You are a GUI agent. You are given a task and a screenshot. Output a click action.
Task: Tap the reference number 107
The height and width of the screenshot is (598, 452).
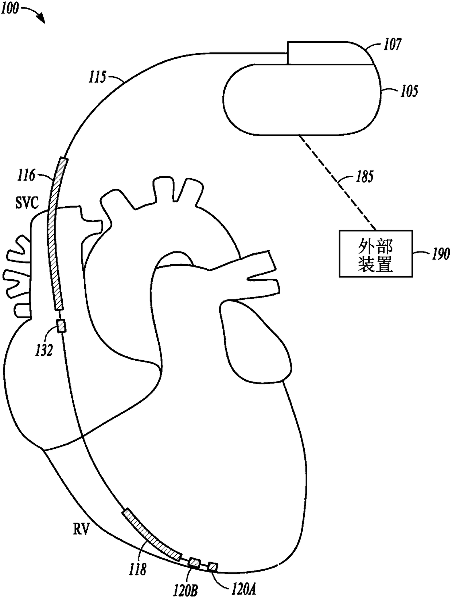[392, 45]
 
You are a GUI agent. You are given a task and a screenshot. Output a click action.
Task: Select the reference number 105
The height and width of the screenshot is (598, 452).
[409, 91]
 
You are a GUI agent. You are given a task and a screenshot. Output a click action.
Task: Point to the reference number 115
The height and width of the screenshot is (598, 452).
[98, 77]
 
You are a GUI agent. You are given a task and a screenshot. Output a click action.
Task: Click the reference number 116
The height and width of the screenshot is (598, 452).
[27, 176]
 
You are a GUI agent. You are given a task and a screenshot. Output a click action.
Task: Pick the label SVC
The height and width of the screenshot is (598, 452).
[27, 203]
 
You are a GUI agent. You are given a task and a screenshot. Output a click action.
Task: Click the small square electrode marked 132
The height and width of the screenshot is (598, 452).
[62, 326]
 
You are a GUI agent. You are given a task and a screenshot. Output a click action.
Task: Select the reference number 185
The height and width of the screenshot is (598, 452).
[365, 177]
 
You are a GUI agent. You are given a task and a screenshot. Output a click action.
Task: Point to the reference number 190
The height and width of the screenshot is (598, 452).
[440, 253]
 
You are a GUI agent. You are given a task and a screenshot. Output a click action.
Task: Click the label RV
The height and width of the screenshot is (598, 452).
[81, 529]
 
